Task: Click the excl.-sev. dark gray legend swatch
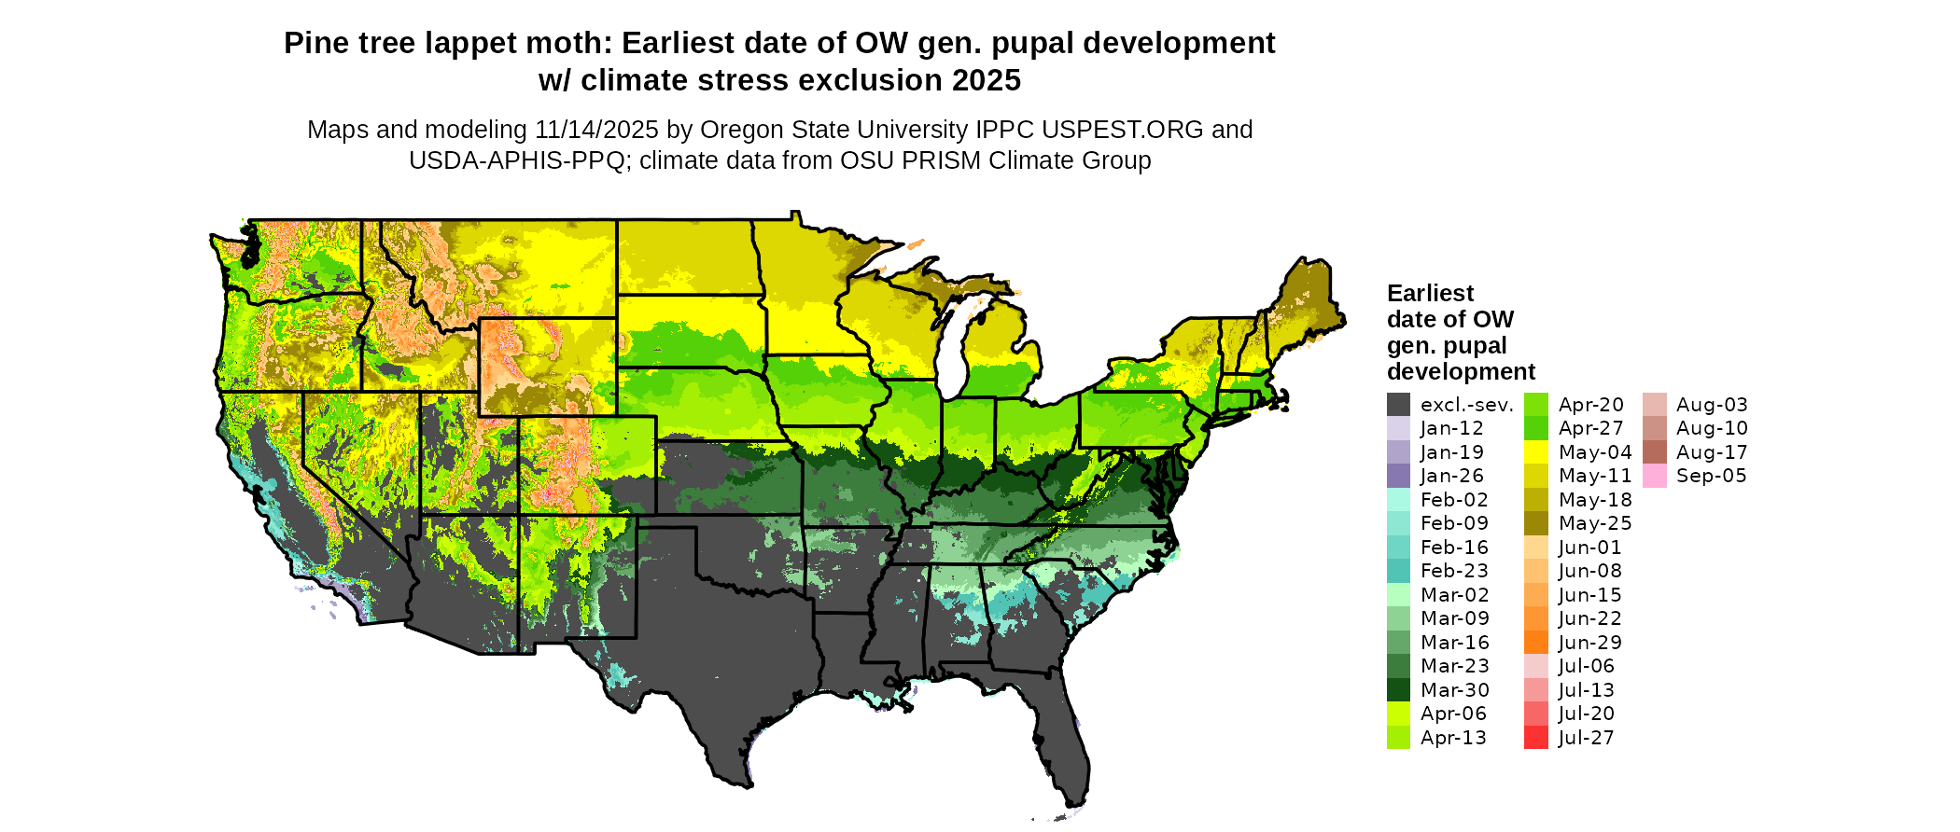tap(1398, 405)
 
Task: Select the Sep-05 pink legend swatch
tap(1654, 476)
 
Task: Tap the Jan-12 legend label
tap(1451, 428)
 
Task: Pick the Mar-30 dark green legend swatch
tap(1398, 690)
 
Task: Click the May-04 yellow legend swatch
tap(1535, 452)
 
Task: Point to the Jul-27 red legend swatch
tap(1535, 738)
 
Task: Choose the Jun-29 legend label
tap(1589, 643)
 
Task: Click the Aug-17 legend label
tap(1712, 452)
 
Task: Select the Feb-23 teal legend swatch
tap(1398, 571)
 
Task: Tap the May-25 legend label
tap(1594, 523)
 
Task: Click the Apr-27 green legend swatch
tap(1535, 428)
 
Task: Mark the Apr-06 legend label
tap(1453, 714)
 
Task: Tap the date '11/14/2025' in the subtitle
tap(595, 130)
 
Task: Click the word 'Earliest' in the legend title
tap(1430, 294)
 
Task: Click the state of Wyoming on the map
tap(547, 367)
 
